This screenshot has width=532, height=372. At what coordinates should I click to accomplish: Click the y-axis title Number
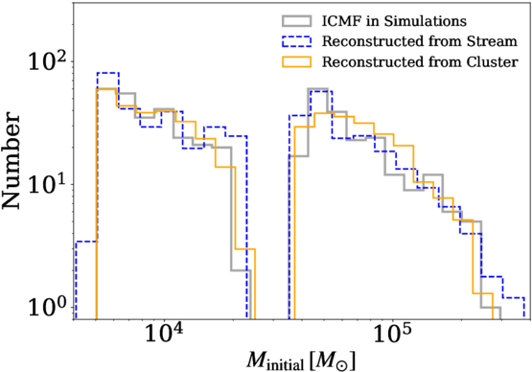pyautogui.click(x=12, y=162)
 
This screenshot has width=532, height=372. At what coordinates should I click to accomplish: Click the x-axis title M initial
pyautogui.click(x=301, y=360)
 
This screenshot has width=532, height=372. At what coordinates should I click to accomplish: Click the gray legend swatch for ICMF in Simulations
pyautogui.click(x=296, y=21)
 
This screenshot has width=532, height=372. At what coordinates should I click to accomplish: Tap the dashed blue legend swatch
pyautogui.click(x=296, y=41)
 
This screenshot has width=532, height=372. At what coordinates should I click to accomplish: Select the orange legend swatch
pyautogui.click(x=296, y=61)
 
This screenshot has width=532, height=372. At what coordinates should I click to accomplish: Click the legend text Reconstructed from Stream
pyautogui.click(x=420, y=41)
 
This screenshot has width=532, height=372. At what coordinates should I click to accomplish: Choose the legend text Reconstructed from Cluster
pyautogui.click(x=420, y=61)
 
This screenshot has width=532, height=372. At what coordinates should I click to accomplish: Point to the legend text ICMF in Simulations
pyautogui.click(x=394, y=21)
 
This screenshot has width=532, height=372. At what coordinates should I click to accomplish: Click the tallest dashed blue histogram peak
pyautogui.click(x=108, y=73)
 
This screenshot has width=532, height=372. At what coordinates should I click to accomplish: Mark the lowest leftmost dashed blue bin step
pyautogui.click(x=86, y=242)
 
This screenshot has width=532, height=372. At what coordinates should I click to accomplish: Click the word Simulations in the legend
pyautogui.click(x=426, y=21)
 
